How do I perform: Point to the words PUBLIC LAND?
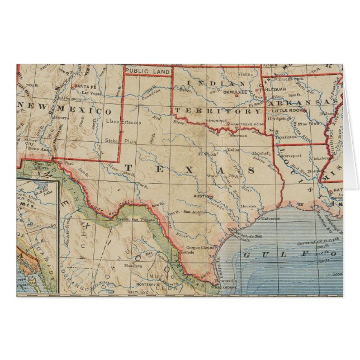pos(146,70)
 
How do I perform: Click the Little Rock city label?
pos(300,110)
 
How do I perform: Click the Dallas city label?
pos(234,149)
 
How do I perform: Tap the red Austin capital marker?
pos(211,196)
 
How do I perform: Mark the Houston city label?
pos(248,206)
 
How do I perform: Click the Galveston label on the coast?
pos(270,218)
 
